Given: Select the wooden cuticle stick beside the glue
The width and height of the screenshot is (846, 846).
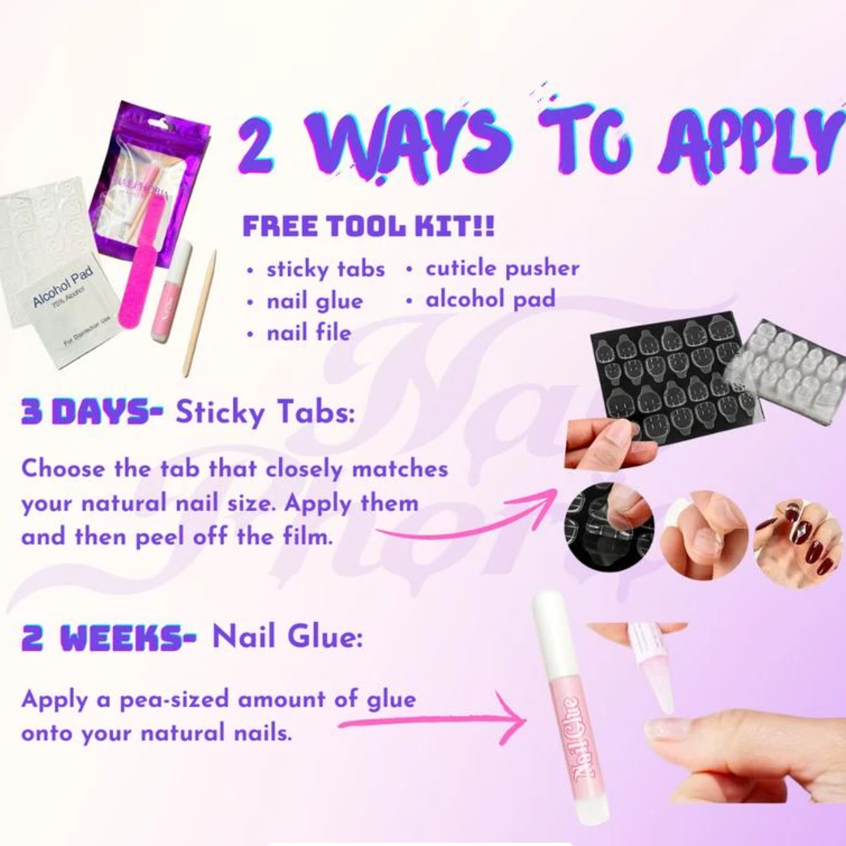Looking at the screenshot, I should click(200, 313).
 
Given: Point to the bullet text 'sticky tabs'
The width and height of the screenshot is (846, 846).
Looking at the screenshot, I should click(325, 270).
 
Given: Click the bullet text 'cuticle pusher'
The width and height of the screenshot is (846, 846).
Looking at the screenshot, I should click(502, 268).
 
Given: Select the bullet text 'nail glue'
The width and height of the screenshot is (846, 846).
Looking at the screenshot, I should click(314, 301).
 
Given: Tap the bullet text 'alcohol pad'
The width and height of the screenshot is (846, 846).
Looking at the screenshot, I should click(489, 299).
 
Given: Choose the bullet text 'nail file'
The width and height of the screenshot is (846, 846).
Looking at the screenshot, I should click(308, 333).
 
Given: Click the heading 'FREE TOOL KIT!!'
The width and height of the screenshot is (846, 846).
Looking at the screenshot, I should click(368, 227).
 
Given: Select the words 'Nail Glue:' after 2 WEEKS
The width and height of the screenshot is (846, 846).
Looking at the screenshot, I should click(286, 637).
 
